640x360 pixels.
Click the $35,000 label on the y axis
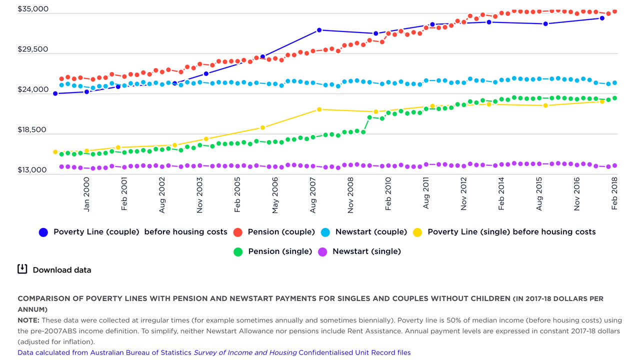click(33, 9)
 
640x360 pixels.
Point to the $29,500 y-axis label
click(33, 49)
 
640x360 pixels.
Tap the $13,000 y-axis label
click(33, 170)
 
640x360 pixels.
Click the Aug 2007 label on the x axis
click(313, 198)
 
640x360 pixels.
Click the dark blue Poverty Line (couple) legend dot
click(43, 232)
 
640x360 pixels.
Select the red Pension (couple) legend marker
click(238, 232)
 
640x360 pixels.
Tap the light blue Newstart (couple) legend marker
click(325, 232)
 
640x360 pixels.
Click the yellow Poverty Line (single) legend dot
click(417, 232)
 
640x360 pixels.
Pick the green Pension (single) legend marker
click(238, 251)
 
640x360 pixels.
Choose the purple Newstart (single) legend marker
click(322, 251)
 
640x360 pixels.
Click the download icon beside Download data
click(22, 269)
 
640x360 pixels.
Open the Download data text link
click(62, 270)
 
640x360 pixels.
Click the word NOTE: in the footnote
click(28, 320)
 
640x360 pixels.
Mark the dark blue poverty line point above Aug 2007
click(319, 30)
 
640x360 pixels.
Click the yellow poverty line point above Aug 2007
click(319, 109)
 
